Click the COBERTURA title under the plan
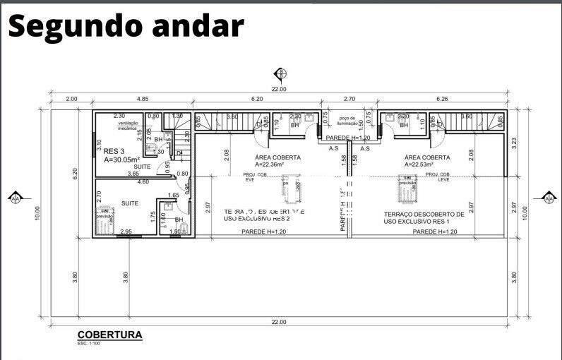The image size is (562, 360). click(x=109, y=335)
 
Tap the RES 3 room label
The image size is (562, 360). click(x=114, y=151)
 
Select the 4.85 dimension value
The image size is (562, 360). click(x=143, y=100)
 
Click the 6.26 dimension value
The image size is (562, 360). click(x=443, y=100)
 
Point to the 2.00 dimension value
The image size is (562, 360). click(x=71, y=100)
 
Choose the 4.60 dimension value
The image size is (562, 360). click(x=143, y=182)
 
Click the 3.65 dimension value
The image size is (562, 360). click(x=133, y=174)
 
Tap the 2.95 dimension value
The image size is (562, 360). click(x=126, y=232)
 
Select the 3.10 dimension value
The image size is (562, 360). click(x=99, y=145)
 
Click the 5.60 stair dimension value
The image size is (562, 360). click(x=466, y=116)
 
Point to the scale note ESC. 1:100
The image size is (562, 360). click(x=90, y=344)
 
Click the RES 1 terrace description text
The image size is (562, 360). click(x=424, y=217)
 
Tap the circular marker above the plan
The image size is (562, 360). click(x=280, y=74)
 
